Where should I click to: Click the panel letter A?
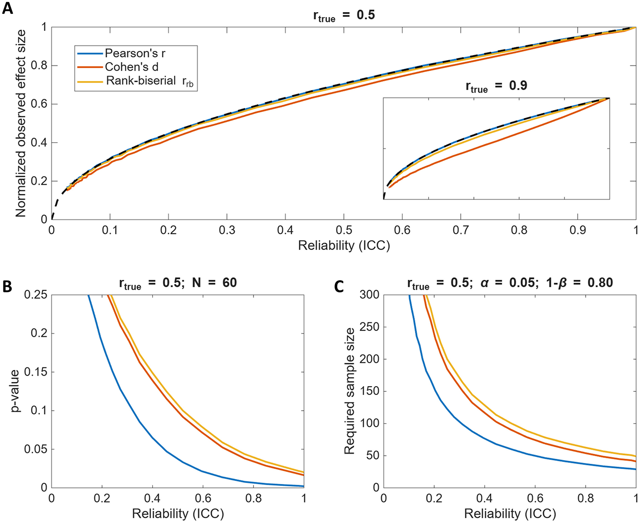pyautogui.click(x=8, y=8)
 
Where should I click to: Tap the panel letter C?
pyautogui.click(x=339, y=287)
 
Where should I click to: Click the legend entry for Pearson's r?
pyautogui.click(x=135, y=53)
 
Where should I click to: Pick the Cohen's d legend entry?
pyautogui.click(x=131, y=67)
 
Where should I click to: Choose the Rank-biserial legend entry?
pyautogui.click(x=141, y=81)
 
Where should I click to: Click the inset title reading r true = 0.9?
pyautogui.click(x=496, y=86)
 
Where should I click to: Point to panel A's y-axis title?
pyautogui.click(x=20, y=123)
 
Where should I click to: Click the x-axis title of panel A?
pyautogui.click(x=344, y=246)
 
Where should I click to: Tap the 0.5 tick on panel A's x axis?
pyautogui.click(x=344, y=230)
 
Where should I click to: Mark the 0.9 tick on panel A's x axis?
pyautogui.click(x=577, y=230)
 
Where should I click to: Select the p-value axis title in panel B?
pyautogui.click(x=16, y=391)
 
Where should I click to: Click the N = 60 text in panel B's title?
pyautogui.click(x=214, y=283)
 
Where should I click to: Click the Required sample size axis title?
pyautogui.click(x=349, y=391)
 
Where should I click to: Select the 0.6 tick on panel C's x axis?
pyautogui.click(x=535, y=498)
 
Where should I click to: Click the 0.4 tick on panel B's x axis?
pyautogui.click(x=152, y=498)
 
